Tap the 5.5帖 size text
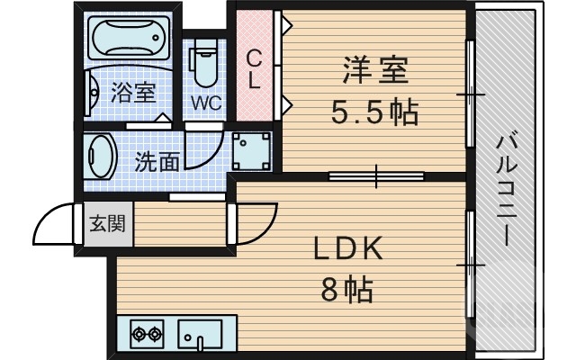(x=374, y=112)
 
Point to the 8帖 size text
(x=348, y=290)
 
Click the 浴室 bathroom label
(x=132, y=92)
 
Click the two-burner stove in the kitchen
(x=148, y=335)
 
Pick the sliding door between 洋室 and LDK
(x=374, y=175)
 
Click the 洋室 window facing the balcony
(x=469, y=94)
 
